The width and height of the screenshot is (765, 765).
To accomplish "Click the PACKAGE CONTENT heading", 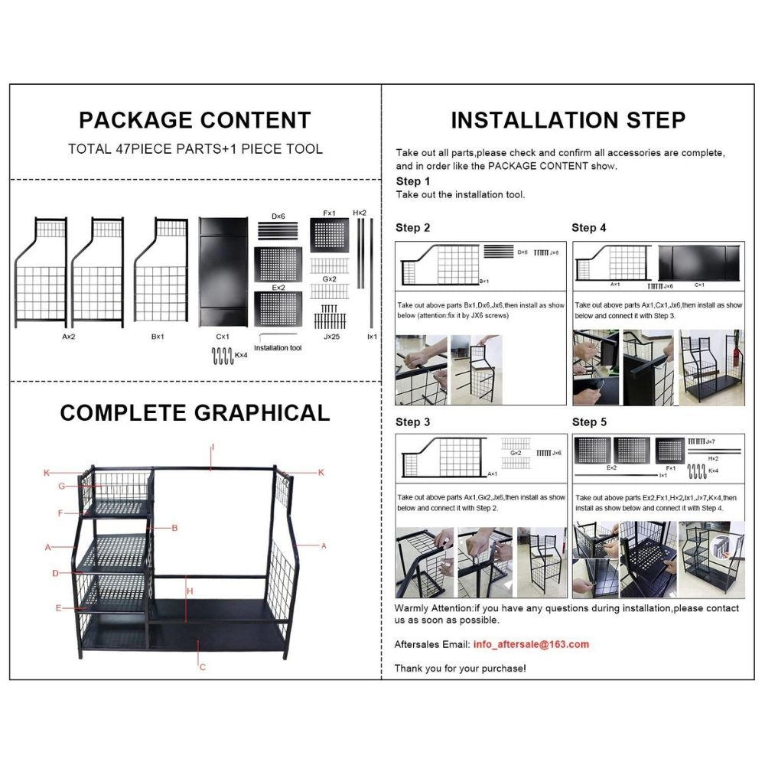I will click(x=195, y=120).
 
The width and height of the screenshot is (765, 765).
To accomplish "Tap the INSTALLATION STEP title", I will click(x=568, y=120).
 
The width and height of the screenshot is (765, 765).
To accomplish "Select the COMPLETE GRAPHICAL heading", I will click(x=195, y=412).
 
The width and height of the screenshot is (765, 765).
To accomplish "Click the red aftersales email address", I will click(x=531, y=644).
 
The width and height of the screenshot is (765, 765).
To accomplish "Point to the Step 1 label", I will click(x=412, y=181).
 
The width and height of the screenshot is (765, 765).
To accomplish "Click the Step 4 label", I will click(x=589, y=228).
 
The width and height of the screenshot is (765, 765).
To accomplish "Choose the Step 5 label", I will click(x=589, y=422).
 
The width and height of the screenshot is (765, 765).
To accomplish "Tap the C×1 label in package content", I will click(x=223, y=335).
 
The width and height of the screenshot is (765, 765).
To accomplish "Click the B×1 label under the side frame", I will click(x=159, y=335).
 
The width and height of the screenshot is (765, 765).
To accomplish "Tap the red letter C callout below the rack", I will click(x=202, y=668).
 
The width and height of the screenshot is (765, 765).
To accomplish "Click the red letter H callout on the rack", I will click(x=190, y=591).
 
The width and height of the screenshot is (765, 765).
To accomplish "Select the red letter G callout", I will click(x=61, y=486).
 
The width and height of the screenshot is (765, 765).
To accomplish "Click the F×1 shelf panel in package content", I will click(x=330, y=236).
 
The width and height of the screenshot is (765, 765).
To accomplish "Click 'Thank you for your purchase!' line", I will click(x=460, y=668).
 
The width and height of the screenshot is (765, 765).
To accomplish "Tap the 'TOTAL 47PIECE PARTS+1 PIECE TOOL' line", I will click(x=195, y=149).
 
